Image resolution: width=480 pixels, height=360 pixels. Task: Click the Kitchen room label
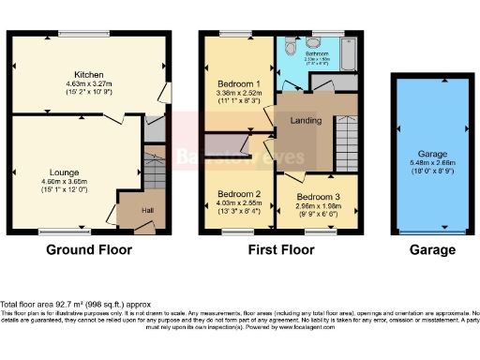(89, 74)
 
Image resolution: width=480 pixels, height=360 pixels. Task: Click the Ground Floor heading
(90, 250)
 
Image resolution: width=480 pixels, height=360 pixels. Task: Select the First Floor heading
(281, 250)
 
